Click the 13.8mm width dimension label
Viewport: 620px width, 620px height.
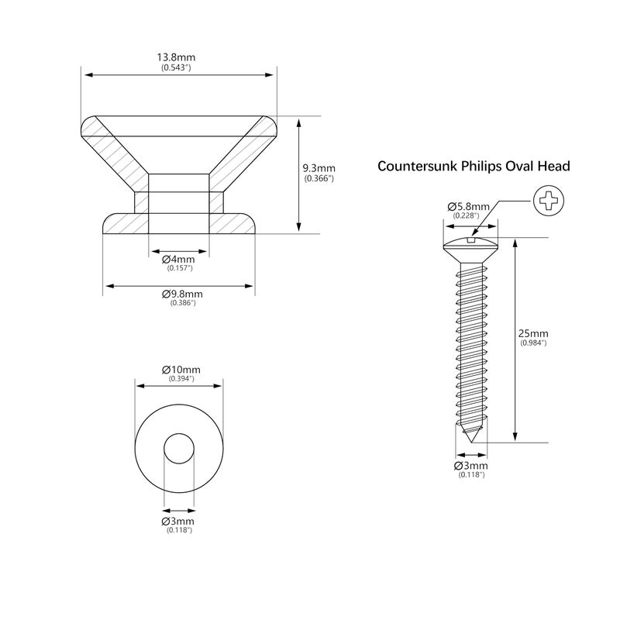tap(176, 57)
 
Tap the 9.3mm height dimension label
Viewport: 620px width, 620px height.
tap(319, 168)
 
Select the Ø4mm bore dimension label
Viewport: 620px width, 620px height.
tap(178, 260)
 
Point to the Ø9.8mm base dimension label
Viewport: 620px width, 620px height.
tap(182, 294)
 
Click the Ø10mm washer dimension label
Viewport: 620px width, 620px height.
tap(181, 370)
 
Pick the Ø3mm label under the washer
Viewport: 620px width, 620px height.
tap(178, 521)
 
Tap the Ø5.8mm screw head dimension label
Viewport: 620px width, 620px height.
tap(469, 206)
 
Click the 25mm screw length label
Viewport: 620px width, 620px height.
tap(533, 333)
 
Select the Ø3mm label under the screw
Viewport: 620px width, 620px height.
tap(471, 466)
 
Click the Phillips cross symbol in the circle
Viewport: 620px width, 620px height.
tap(549, 201)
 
